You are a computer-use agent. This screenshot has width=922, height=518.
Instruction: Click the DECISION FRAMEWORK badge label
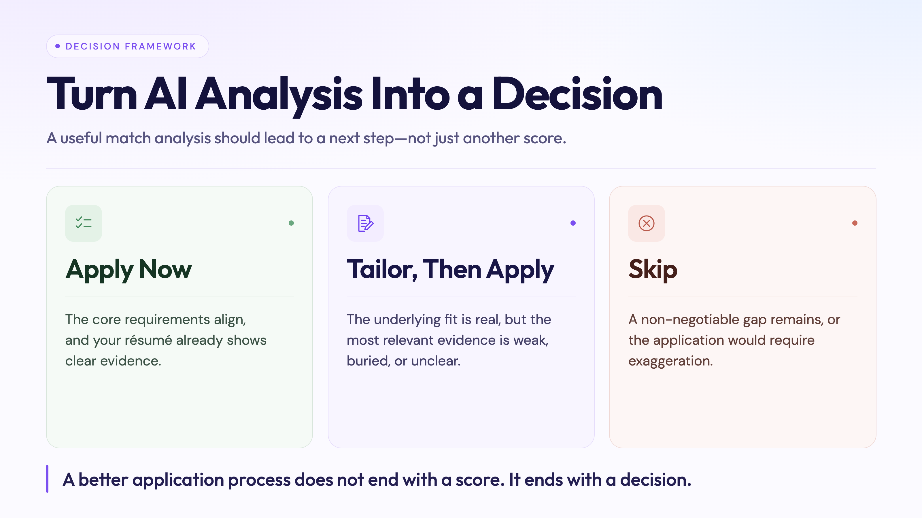pyautogui.click(x=131, y=46)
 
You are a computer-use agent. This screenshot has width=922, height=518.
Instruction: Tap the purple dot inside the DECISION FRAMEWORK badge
pyautogui.click(x=58, y=46)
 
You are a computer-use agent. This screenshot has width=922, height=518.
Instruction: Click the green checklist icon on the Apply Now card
pyautogui.click(x=83, y=223)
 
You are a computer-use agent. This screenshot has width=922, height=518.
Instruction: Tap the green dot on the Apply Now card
pyautogui.click(x=291, y=223)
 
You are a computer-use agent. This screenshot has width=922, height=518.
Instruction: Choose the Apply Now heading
pyautogui.click(x=129, y=270)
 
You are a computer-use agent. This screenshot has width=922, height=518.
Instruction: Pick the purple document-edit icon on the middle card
pyautogui.click(x=365, y=223)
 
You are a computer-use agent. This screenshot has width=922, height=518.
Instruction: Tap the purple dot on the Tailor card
pyautogui.click(x=573, y=223)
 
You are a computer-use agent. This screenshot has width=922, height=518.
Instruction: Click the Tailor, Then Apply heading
pyautogui.click(x=450, y=270)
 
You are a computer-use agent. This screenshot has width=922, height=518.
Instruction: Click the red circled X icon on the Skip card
pyautogui.click(x=646, y=223)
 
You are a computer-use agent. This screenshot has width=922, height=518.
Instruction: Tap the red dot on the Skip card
pyautogui.click(x=855, y=223)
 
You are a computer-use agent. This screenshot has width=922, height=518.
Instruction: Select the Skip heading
pyautogui.click(x=653, y=270)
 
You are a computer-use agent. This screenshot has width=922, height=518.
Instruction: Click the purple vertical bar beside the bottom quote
pyautogui.click(x=47, y=479)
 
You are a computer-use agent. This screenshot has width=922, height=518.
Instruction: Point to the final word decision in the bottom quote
pyautogui.click(x=655, y=480)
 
